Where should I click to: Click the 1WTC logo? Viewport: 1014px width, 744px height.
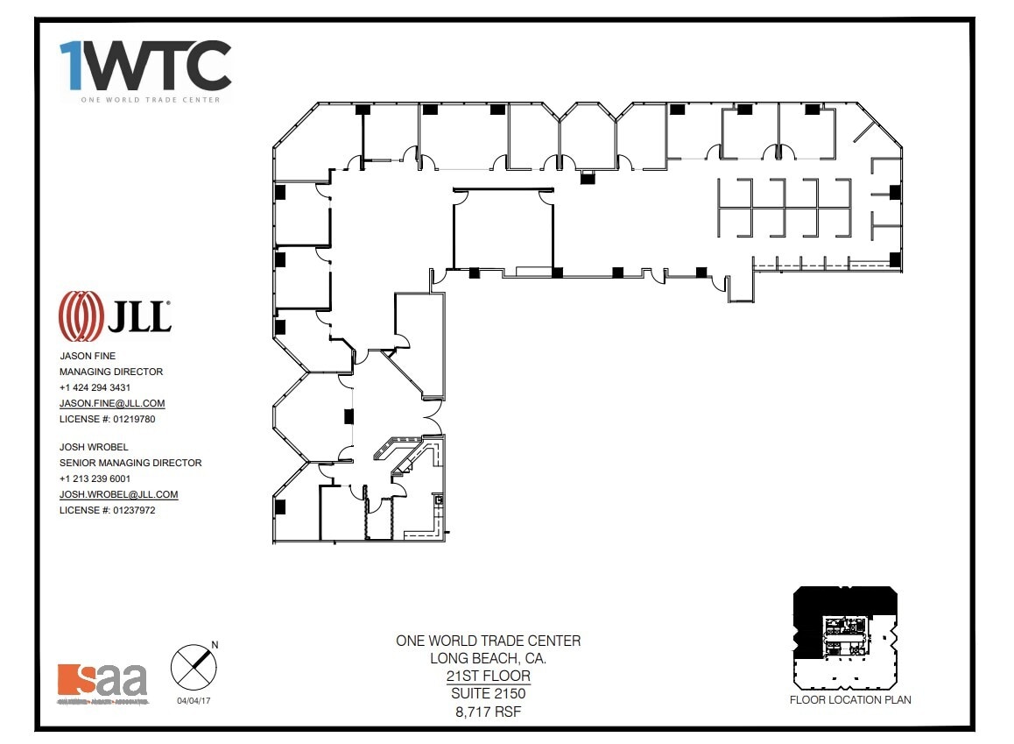coord(145,67)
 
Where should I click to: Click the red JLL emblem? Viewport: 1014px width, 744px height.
coord(80,315)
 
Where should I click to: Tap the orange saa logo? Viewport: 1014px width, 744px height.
coord(102,681)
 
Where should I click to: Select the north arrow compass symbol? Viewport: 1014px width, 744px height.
coord(194,666)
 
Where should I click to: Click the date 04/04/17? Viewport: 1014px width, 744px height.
coord(194,700)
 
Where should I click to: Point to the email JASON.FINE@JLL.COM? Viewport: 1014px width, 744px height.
coord(112,403)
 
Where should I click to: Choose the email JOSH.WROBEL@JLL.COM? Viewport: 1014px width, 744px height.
coord(118,494)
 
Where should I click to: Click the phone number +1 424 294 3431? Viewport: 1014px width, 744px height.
coord(95,387)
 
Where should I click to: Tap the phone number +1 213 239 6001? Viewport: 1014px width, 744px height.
coord(95,478)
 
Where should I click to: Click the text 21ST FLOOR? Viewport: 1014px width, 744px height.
coord(488,676)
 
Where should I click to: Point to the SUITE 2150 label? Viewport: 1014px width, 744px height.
coord(488,693)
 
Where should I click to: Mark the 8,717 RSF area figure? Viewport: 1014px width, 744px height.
coord(488,712)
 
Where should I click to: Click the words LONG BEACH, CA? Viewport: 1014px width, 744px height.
coord(488,658)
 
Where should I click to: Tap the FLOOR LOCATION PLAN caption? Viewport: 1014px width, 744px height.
coord(850,699)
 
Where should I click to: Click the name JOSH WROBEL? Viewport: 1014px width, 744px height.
coord(94,447)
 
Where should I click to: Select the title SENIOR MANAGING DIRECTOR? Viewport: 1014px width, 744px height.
coord(130,463)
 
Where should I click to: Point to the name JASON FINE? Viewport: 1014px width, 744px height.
coord(88,356)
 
